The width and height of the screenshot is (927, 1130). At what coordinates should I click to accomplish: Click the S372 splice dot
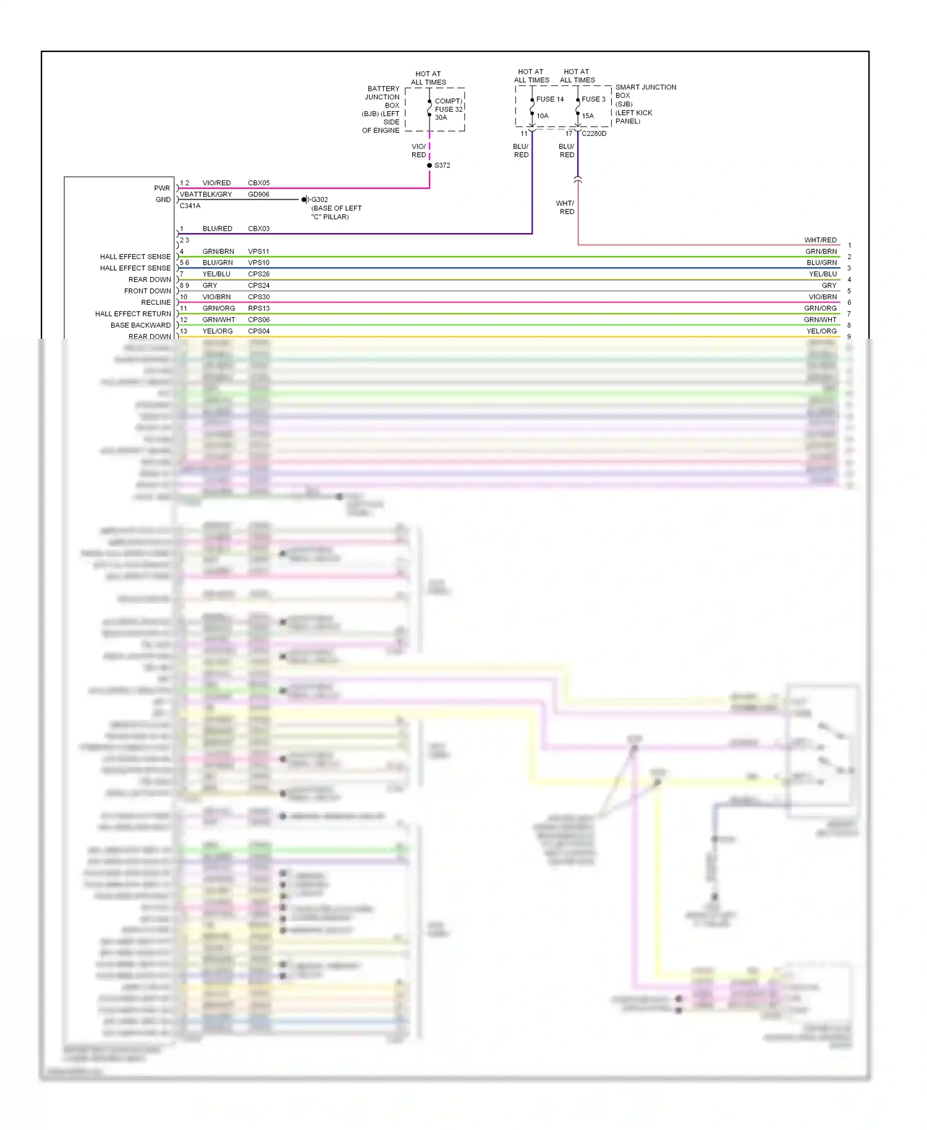(x=430, y=166)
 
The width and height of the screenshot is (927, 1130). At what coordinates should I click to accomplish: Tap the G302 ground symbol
(x=305, y=200)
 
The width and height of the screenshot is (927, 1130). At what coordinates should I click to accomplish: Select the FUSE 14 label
(x=549, y=100)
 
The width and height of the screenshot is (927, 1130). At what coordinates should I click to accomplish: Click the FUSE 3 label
(x=593, y=100)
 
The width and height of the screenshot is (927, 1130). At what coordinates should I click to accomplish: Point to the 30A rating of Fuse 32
(x=441, y=117)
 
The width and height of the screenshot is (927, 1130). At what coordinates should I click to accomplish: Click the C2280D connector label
(x=594, y=134)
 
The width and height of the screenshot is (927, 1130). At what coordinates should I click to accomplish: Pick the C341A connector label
(x=190, y=206)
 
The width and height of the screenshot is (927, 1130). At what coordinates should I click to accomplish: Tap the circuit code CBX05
(x=258, y=183)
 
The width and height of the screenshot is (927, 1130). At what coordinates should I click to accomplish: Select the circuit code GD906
(x=258, y=194)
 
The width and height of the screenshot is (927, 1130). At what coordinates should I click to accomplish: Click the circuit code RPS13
(x=258, y=308)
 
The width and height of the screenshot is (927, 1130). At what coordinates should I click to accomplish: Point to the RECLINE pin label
(x=156, y=302)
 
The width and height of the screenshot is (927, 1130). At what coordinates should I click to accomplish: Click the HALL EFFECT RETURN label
(x=133, y=314)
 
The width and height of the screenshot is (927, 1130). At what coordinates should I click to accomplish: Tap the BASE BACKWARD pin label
(x=140, y=325)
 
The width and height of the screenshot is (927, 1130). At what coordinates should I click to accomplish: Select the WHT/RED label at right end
(x=820, y=240)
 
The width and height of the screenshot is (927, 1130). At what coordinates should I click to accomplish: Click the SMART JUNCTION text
(x=645, y=87)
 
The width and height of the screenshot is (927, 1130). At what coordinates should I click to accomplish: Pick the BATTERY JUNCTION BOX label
(x=382, y=97)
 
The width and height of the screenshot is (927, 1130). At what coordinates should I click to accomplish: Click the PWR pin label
(x=162, y=189)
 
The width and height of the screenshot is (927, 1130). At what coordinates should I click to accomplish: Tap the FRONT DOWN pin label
(x=147, y=291)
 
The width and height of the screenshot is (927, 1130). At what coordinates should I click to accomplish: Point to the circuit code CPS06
(x=258, y=320)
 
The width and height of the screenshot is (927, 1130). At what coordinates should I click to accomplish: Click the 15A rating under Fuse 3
(x=587, y=116)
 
